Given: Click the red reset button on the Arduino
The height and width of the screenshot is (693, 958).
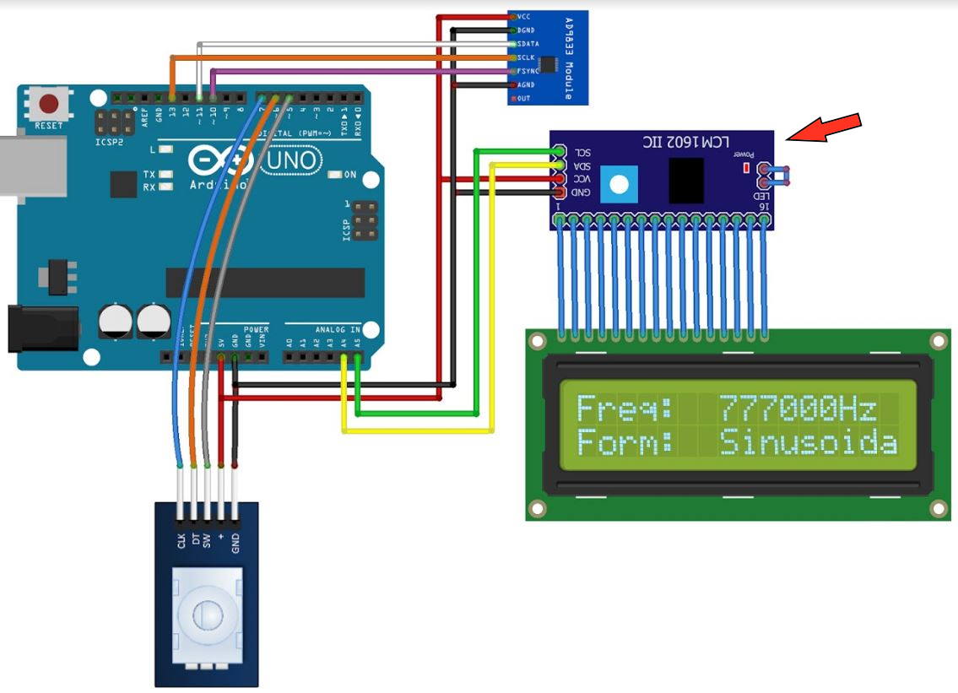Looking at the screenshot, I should pyautogui.click(x=49, y=104).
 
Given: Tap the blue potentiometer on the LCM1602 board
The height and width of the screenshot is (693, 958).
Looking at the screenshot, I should pyautogui.click(x=620, y=183).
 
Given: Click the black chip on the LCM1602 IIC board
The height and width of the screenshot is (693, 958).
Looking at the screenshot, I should pyautogui.click(x=686, y=181).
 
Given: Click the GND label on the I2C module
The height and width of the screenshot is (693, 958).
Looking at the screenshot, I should pyautogui.click(x=582, y=192).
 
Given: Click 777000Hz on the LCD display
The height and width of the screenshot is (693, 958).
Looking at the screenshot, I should pyautogui.click(x=798, y=409).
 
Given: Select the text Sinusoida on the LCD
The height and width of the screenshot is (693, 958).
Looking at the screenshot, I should pyautogui.click(x=808, y=441).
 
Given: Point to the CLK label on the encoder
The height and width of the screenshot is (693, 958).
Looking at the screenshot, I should pyautogui.click(x=181, y=541).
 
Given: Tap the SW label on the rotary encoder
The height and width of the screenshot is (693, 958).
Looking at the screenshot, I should pyautogui.click(x=208, y=540).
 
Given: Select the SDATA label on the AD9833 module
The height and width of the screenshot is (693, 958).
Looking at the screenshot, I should pyautogui.click(x=528, y=43).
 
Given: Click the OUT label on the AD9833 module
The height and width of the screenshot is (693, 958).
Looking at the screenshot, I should pyautogui.click(x=523, y=99).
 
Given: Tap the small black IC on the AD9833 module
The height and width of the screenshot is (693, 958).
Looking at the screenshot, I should pyautogui.click(x=549, y=63).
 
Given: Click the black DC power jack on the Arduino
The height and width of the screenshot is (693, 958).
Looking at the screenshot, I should pyautogui.click(x=42, y=328).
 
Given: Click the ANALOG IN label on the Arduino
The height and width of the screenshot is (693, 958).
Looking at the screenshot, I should pyautogui.click(x=337, y=329).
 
